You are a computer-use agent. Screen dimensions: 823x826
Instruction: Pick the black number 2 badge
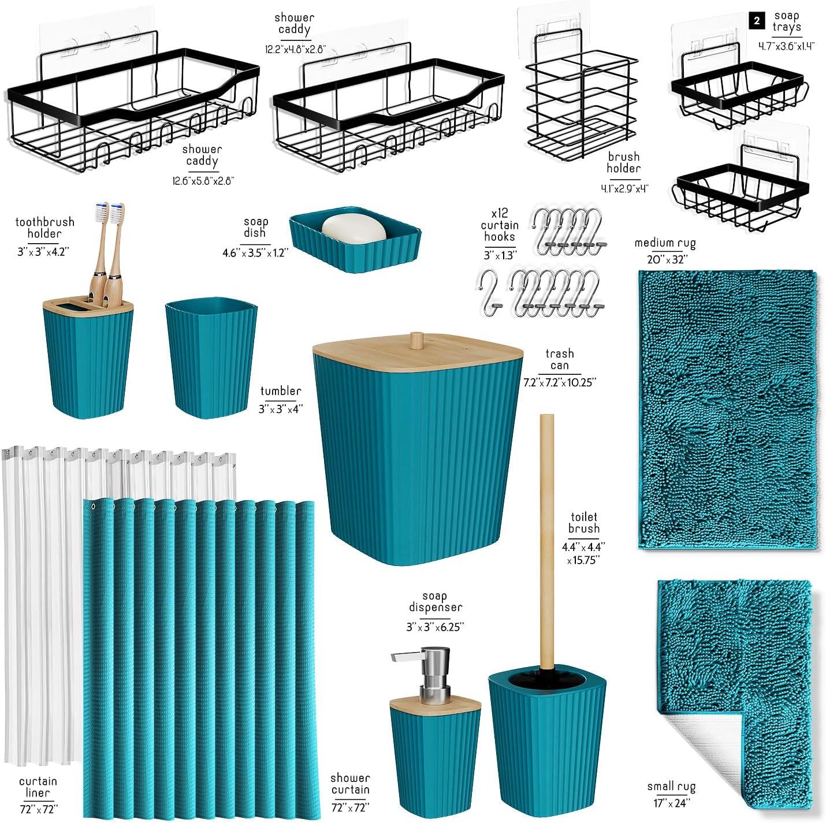tap(756, 21)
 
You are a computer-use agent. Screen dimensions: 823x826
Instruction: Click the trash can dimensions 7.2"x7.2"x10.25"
tap(559, 382)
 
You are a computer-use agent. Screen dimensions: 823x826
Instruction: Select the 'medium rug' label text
tap(665, 243)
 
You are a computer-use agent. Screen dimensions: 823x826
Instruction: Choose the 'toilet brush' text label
tap(583, 523)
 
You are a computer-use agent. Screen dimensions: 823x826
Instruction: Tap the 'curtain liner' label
tap(38, 787)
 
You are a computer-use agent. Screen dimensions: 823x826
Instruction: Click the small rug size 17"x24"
tap(671, 803)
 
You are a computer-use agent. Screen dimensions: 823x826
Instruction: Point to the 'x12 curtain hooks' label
tap(500, 225)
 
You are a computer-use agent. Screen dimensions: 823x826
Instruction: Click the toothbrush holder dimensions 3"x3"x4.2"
tap(44, 252)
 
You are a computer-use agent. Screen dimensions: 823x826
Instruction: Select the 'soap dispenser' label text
tap(435, 602)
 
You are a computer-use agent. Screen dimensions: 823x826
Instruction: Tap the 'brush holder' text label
tap(623, 162)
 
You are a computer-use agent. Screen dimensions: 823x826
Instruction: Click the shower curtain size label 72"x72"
tap(350, 807)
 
